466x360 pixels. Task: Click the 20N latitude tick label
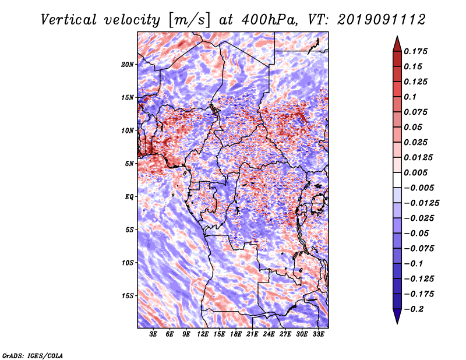pos(128,65)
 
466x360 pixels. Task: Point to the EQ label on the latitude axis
pos(129,197)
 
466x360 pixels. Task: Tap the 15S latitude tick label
pos(128,296)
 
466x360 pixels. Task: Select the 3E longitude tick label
pos(153,334)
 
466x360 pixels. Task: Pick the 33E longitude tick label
pos(318,334)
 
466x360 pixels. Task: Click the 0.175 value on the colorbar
pos(415,51)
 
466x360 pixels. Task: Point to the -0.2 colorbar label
pos(414,309)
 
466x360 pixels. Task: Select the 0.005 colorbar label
pos(415,172)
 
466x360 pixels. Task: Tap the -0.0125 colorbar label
pos(421,203)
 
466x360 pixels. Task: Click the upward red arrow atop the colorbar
pos(397,44)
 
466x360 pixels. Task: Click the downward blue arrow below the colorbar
pos(397,316)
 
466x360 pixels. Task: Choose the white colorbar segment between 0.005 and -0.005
pos(397,180)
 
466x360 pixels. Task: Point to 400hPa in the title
pos(269,20)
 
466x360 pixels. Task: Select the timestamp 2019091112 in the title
pos(381,20)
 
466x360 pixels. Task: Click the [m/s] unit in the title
pos(189,20)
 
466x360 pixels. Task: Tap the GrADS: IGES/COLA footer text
pos(33,355)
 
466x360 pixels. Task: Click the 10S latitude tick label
pos(128,263)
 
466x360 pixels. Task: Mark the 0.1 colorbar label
pos(410,97)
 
